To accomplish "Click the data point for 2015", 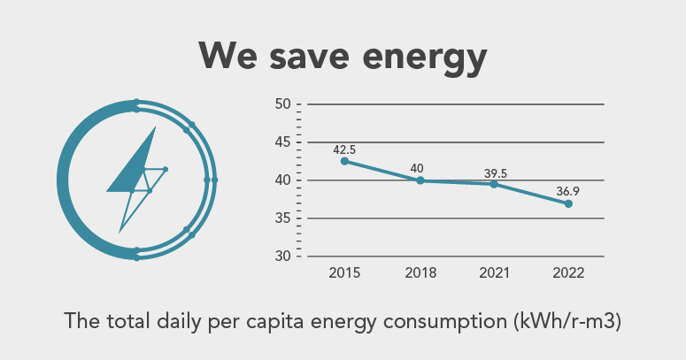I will click(x=344, y=161).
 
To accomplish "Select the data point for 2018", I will click(x=420, y=180).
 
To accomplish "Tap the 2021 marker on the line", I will click(x=494, y=184).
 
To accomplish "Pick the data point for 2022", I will click(x=568, y=203).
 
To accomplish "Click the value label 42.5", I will click(x=344, y=149).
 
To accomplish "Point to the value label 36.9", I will click(x=568, y=192).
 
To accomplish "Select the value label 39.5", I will click(x=494, y=173).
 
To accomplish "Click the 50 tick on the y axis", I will click(x=283, y=104).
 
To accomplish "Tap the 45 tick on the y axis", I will click(x=283, y=142).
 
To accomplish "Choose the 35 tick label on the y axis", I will click(x=283, y=218).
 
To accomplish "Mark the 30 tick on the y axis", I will click(x=283, y=257).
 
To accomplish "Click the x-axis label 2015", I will click(x=344, y=273).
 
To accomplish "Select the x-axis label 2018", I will click(x=420, y=273).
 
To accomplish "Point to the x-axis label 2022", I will click(x=568, y=273).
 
